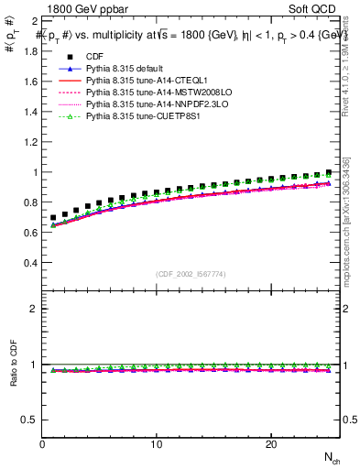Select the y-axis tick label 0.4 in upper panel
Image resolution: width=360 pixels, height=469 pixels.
point(28,262)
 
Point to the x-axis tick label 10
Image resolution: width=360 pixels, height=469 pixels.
point(157,444)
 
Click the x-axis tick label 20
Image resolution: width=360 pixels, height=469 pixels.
point(271,444)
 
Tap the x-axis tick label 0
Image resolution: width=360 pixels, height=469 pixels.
point(43,444)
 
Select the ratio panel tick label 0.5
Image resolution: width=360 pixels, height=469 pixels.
point(28,420)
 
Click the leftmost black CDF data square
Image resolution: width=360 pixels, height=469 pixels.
point(54,218)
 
